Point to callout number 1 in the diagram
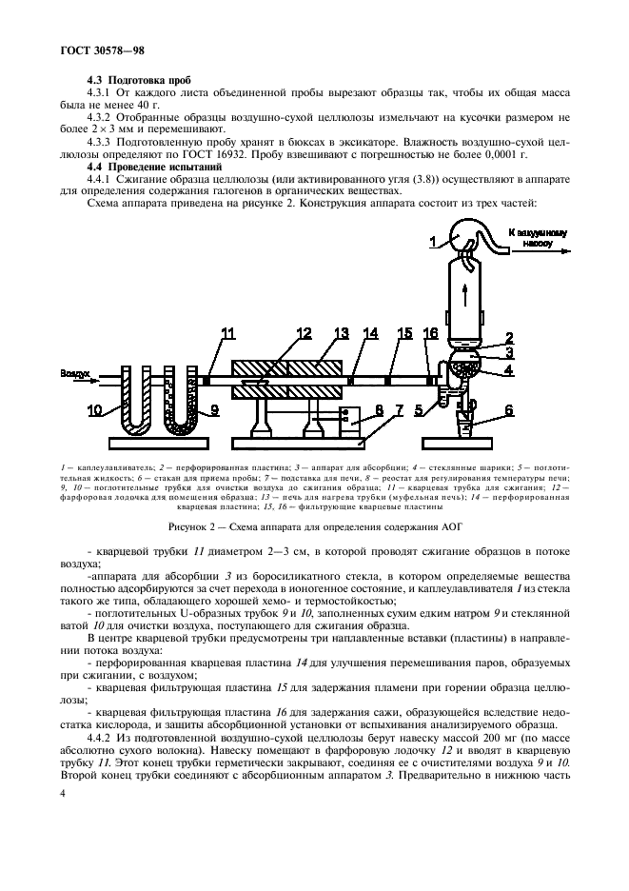click(x=433, y=243)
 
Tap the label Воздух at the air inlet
click(x=76, y=374)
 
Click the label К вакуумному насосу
click(x=537, y=237)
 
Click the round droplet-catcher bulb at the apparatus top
click(x=465, y=235)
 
